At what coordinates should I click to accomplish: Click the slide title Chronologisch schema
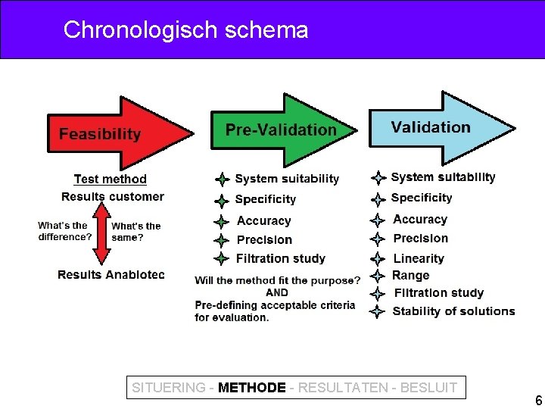click(x=185, y=30)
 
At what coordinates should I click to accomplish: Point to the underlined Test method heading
click(x=111, y=179)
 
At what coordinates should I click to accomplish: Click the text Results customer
click(x=113, y=197)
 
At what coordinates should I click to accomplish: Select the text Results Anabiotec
click(x=111, y=274)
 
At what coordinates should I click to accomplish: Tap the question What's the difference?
click(x=64, y=231)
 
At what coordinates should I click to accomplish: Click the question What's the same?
click(x=136, y=231)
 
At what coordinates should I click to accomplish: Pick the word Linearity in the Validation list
click(x=419, y=258)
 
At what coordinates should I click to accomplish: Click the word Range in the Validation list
click(x=411, y=276)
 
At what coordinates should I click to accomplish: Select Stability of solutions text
click(x=453, y=311)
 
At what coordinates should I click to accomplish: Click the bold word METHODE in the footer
click(x=251, y=388)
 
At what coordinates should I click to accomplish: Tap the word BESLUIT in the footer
click(x=428, y=388)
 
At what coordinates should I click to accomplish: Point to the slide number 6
click(x=538, y=401)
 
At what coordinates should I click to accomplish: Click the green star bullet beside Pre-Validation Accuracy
click(x=221, y=222)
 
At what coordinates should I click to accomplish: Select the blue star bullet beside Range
click(x=378, y=276)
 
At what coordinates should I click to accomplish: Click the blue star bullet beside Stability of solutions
click(x=378, y=311)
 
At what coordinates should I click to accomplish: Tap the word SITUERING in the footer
click(x=168, y=388)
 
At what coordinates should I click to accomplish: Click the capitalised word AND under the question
click(x=277, y=292)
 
